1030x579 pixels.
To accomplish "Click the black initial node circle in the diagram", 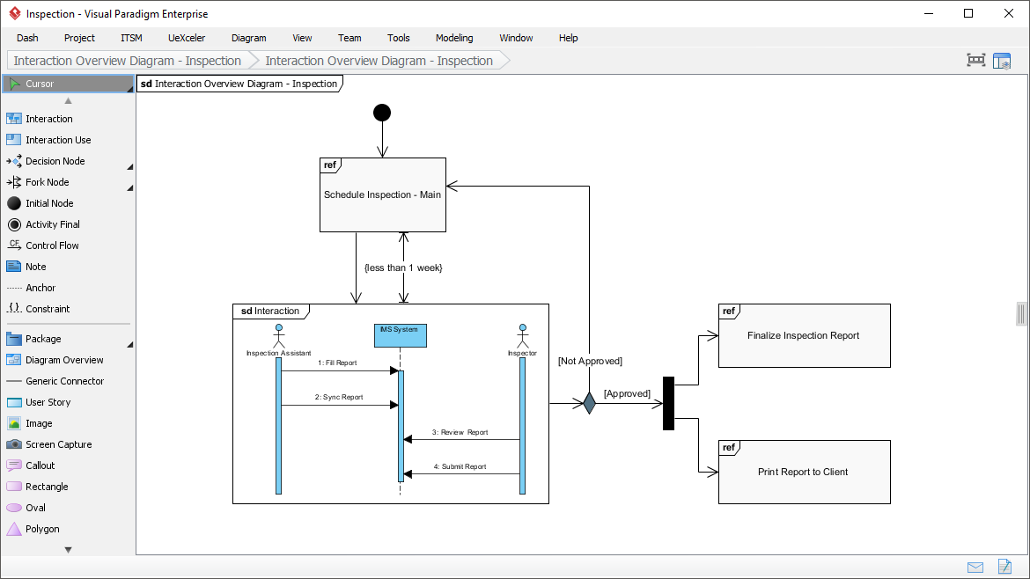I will (x=382, y=113).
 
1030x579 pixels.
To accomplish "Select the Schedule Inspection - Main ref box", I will (x=382, y=194).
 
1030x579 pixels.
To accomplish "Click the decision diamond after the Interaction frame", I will (x=589, y=403).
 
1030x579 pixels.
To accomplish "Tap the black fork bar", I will (x=668, y=403).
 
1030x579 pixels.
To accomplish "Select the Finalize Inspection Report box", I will (x=804, y=336).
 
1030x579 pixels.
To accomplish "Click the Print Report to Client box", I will (x=804, y=473).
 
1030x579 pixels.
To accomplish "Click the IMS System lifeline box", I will (x=400, y=335).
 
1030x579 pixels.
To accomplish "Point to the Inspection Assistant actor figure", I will (x=278, y=337).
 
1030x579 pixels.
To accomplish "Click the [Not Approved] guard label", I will (x=590, y=361).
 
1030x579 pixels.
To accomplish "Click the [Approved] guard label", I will (x=627, y=393).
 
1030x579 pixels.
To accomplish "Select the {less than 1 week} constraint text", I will (x=402, y=268).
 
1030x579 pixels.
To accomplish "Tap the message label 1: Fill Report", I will (x=337, y=363).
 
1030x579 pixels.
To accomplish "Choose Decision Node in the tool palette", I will (x=55, y=161).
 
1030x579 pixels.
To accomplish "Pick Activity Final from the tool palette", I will (x=52, y=224).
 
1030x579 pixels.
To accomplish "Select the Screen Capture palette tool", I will (x=58, y=444).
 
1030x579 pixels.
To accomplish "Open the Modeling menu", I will (x=453, y=38).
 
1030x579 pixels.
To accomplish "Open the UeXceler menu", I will (x=187, y=38).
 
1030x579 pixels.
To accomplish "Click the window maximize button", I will (x=968, y=13).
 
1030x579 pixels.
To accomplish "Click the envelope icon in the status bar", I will (x=975, y=567).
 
